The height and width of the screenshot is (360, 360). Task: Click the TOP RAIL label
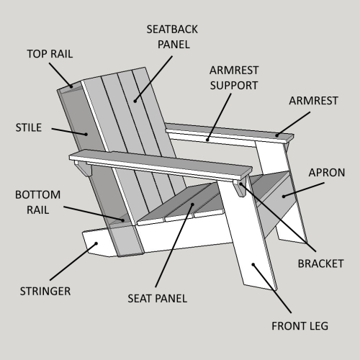click(x=50, y=54)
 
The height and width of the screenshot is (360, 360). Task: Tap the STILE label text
click(x=29, y=127)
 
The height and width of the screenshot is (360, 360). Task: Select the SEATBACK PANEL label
click(x=172, y=37)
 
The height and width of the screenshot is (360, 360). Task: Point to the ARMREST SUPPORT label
click(x=234, y=78)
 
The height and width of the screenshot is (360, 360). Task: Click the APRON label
click(x=327, y=173)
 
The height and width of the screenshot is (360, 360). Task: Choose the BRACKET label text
click(x=320, y=264)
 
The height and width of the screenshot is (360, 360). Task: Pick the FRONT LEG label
click(x=300, y=326)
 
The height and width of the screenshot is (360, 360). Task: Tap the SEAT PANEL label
click(x=157, y=299)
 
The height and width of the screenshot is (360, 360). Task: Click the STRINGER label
click(x=45, y=292)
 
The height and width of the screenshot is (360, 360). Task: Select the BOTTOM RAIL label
click(x=38, y=202)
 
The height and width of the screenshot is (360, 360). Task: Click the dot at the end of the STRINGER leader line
click(x=96, y=243)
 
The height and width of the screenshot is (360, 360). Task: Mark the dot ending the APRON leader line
click(x=284, y=197)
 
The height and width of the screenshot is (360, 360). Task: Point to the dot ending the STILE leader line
click(x=86, y=134)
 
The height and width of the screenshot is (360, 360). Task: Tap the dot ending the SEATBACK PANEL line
click(x=135, y=102)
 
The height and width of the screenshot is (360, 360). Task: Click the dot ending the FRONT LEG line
click(x=253, y=264)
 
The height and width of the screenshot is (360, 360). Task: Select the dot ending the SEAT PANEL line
click(x=192, y=204)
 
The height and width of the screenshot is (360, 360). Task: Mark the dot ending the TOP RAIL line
click(x=71, y=86)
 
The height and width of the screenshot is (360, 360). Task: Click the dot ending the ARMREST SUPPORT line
click(x=207, y=139)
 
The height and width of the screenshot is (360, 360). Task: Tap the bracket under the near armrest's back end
click(x=84, y=168)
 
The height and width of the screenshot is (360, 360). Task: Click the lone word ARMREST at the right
click(x=313, y=101)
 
